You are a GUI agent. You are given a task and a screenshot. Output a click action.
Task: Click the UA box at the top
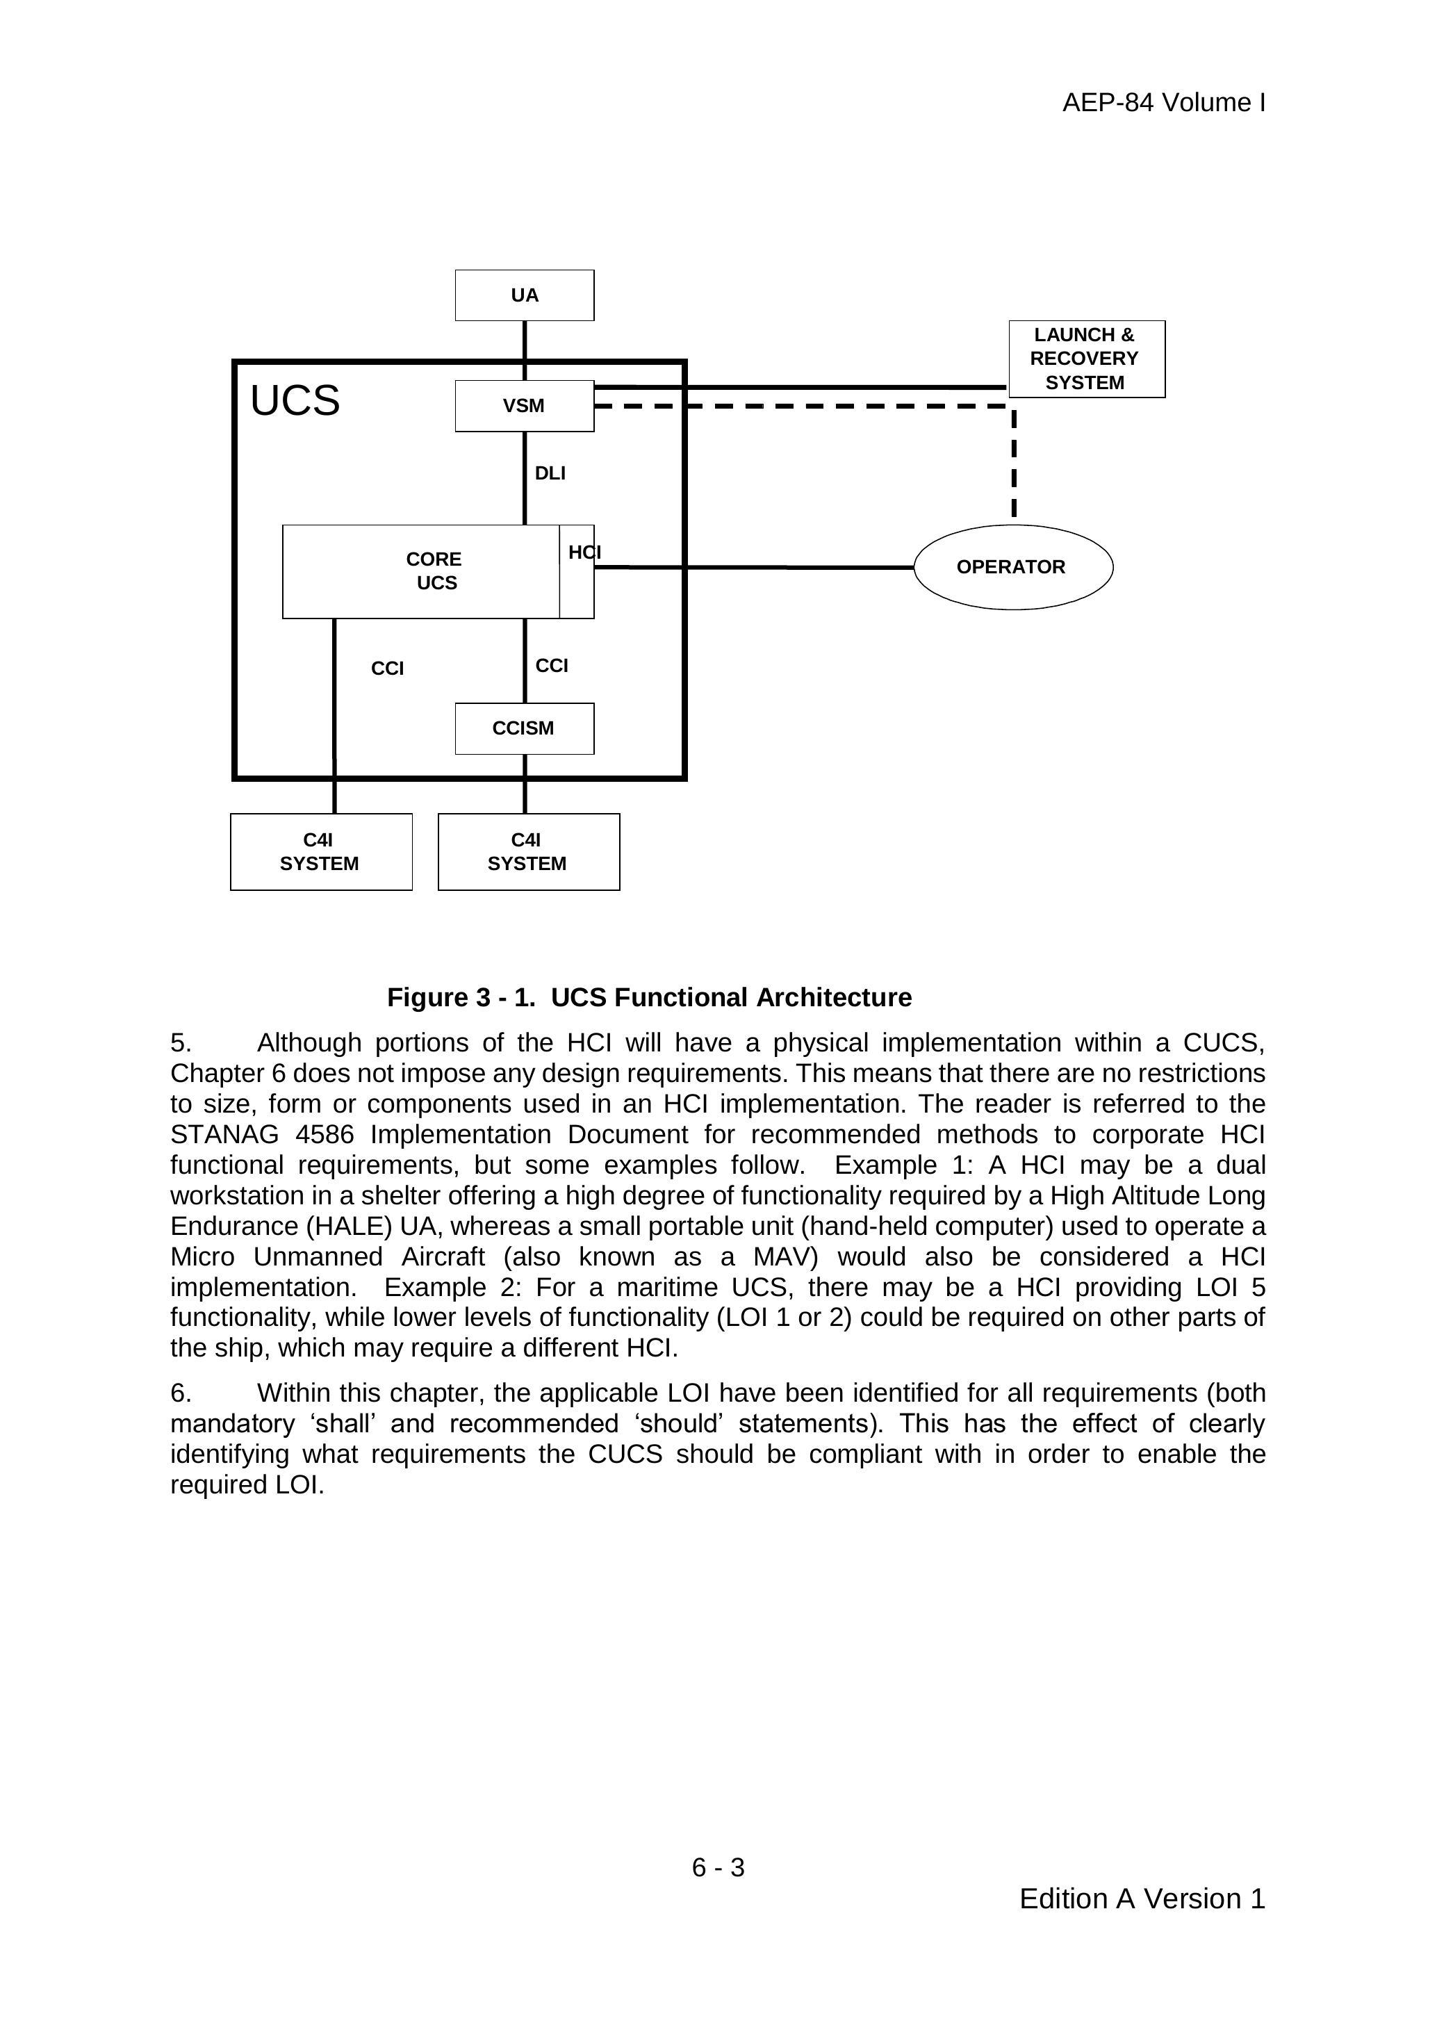[x=524, y=295]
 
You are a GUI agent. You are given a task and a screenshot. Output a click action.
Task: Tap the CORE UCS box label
[x=434, y=571]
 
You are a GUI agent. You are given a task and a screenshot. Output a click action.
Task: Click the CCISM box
[x=524, y=728]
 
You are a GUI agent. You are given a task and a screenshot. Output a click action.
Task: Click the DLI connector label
[x=550, y=473]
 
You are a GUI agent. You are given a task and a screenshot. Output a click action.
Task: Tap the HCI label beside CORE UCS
[x=584, y=553]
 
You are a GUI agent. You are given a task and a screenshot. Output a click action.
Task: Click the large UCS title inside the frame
[x=295, y=401]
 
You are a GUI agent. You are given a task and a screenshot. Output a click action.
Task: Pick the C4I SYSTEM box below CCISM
[x=528, y=851]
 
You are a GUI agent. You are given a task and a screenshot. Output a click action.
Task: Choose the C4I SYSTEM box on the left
[x=320, y=851]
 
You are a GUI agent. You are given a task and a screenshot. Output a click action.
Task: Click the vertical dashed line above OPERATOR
[x=1014, y=465]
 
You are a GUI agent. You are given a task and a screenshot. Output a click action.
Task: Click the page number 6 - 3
[x=718, y=1867]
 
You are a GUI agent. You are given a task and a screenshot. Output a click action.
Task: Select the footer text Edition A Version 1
[x=1142, y=1899]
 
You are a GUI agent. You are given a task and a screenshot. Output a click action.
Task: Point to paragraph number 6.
[x=181, y=1393]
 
